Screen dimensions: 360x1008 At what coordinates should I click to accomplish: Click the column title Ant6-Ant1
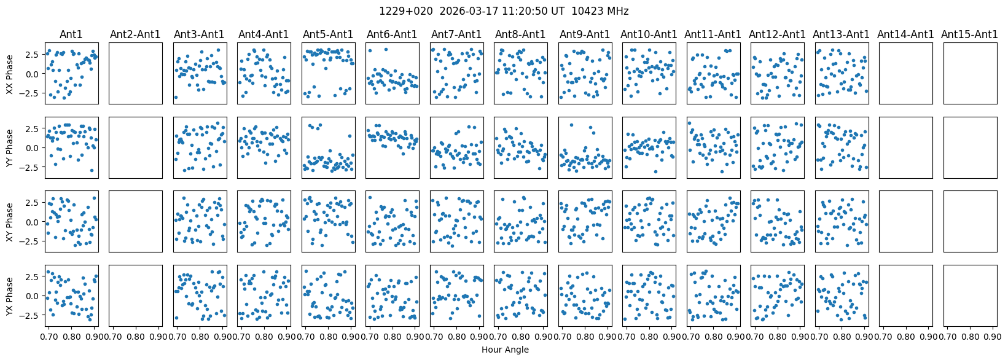click(x=392, y=34)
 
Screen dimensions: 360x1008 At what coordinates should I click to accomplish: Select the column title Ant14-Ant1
click(x=905, y=34)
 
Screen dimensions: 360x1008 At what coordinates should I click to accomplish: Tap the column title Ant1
click(x=71, y=34)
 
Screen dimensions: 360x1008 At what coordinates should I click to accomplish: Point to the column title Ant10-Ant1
click(x=649, y=34)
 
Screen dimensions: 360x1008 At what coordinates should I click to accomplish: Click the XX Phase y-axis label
click(x=10, y=74)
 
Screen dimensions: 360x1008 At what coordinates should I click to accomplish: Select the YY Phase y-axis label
click(x=10, y=147)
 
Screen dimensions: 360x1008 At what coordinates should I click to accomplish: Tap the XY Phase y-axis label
click(x=10, y=221)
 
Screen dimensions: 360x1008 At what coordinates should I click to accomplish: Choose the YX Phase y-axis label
click(x=10, y=295)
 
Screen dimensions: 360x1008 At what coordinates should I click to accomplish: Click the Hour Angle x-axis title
click(x=505, y=350)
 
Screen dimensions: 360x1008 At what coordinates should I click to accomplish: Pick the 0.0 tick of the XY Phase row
click(x=33, y=222)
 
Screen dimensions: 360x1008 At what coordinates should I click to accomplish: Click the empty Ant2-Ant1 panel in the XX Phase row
click(x=136, y=73)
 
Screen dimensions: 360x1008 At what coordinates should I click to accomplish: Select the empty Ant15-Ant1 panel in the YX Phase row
click(x=969, y=295)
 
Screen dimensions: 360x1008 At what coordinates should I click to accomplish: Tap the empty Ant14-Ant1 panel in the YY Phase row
click(x=905, y=147)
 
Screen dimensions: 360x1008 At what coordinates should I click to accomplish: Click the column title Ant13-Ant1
click(x=842, y=34)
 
